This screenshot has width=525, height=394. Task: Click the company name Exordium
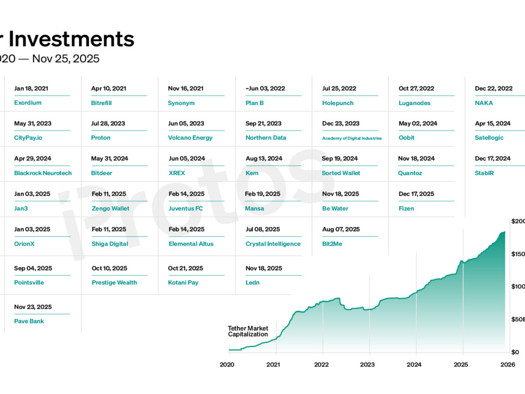pos(28,103)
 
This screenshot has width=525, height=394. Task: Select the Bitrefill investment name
pos(102,103)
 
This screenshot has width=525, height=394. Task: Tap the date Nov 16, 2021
pos(185,88)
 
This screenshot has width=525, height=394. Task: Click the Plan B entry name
pos(255,103)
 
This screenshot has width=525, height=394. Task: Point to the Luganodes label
pos(414,103)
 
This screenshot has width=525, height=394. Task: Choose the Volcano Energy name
pos(190,137)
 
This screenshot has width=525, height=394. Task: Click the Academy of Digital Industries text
pos(352,138)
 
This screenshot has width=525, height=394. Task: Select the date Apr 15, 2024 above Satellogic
pos(493,123)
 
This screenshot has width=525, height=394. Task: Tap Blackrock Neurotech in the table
pos(43,173)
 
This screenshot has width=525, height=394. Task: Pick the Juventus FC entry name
pos(186,208)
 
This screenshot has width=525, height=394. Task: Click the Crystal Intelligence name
pos(273,244)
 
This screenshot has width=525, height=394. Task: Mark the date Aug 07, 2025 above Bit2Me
pos(341,229)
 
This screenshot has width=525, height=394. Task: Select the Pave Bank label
pos(29,321)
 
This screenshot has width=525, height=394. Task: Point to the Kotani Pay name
pos(183,282)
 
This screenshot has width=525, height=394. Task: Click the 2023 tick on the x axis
pos(367,364)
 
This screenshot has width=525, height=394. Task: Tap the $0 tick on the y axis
pos(515,352)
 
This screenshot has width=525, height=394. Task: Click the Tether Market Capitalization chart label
pos(248,331)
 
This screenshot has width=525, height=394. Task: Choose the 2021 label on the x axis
pos(273,364)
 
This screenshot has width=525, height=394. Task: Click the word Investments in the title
pos(71,39)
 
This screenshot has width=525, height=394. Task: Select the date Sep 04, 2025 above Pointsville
pos(33,268)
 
